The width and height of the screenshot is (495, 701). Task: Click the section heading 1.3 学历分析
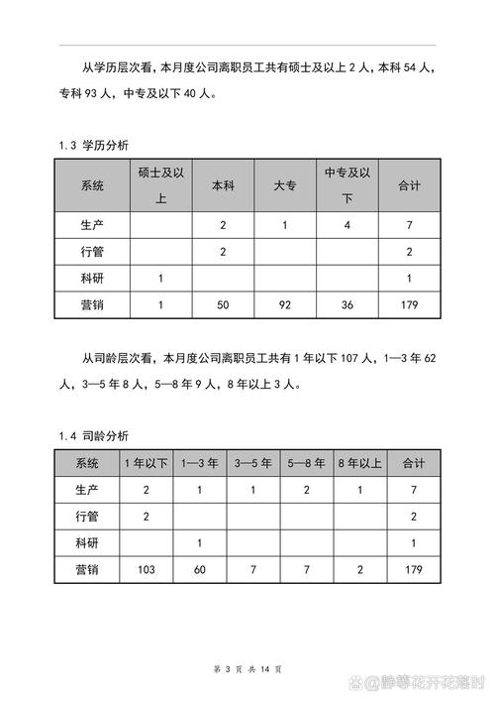pos(97,146)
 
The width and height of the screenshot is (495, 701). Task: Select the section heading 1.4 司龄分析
pos(97,435)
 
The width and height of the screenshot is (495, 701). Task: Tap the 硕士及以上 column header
pos(161,184)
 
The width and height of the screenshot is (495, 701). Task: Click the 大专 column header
pos(284,184)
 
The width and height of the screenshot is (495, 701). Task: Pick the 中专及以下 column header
pos(346,184)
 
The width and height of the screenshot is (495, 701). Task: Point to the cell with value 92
pos(284,305)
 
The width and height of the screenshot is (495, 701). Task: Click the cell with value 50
pos(223,305)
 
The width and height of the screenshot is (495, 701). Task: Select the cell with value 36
pos(346,305)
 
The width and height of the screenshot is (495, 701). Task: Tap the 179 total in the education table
pos(409,305)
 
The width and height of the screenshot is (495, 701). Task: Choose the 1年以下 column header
pos(146,463)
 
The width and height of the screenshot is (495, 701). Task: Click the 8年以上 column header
pos(359,463)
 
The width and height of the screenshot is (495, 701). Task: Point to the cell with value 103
pos(146,569)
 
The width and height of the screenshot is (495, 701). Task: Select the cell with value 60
pos(200,569)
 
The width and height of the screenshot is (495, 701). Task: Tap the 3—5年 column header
pos(253,463)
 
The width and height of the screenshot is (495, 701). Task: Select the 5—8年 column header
pos(307,463)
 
